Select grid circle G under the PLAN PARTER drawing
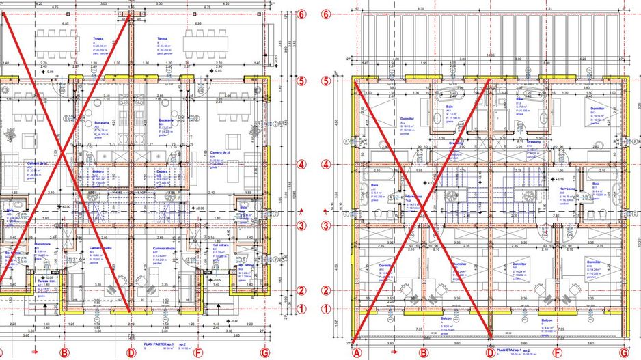tap(264, 352)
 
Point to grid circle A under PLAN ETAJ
tap(355, 352)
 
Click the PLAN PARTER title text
tap(154, 344)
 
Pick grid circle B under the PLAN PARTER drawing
tap(65, 352)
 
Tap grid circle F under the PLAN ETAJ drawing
tap(557, 352)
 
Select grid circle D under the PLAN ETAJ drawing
tap(489, 352)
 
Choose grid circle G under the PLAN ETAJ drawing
tap(624, 352)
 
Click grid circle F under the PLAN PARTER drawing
tap(198, 352)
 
